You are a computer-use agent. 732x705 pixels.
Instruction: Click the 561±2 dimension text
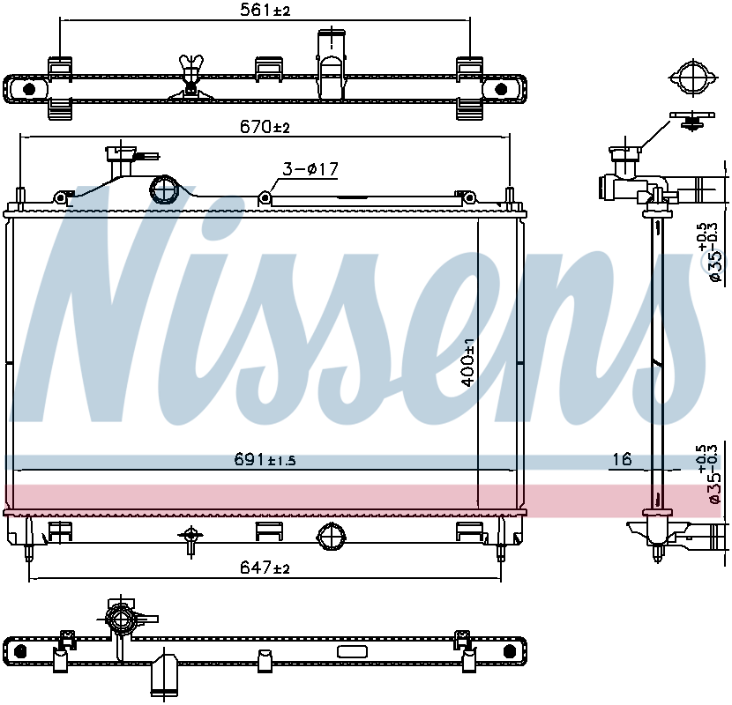265,11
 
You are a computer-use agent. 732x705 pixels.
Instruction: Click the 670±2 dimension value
265,127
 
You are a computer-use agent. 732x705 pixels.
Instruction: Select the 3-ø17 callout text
310,168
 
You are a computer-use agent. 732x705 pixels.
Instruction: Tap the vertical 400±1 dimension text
469,361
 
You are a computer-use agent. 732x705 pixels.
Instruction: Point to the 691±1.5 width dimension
265,459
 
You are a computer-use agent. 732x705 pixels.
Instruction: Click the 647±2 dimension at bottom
265,569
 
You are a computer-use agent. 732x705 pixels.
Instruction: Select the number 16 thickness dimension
623,459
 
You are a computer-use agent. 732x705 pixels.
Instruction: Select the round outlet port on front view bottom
332,535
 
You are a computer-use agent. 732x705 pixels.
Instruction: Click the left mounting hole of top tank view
29,90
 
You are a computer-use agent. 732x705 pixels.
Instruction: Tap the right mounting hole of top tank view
500,90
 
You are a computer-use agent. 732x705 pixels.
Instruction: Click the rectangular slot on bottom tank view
352,652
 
